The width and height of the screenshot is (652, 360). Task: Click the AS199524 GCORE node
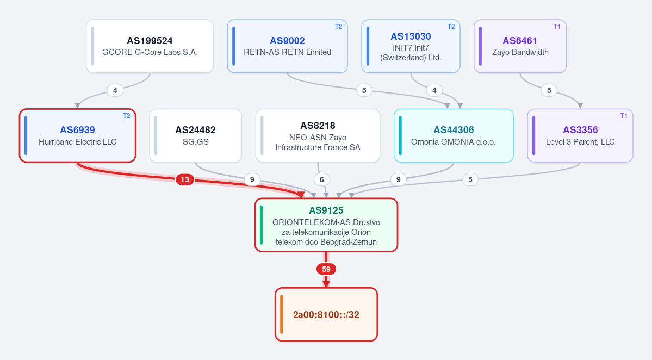coord(150,46)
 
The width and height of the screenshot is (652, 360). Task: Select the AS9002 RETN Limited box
coord(287,46)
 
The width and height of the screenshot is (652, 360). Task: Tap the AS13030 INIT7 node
coord(411,46)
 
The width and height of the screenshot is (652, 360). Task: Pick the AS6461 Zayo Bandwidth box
coord(520,46)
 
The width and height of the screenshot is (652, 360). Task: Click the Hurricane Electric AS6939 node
coord(77,135)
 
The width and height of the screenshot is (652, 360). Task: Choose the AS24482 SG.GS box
coord(195,135)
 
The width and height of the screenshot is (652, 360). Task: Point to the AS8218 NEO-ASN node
coord(318,135)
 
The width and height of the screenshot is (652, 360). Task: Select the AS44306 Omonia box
coord(454,135)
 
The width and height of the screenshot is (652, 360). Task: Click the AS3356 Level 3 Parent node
coord(580,135)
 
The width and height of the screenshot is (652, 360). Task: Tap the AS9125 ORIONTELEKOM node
coord(326,225)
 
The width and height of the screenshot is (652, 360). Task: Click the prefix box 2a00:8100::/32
coord(326,314)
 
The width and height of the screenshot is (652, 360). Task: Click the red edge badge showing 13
coord(185,179)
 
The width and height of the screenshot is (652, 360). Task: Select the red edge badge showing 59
coord(326,269)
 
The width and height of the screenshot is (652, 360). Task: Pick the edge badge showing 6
coord(321,179)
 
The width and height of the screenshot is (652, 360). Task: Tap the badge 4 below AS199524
coord(115,90)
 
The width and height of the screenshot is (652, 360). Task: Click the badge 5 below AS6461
coord(549,90)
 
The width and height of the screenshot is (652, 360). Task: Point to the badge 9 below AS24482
coord(252,179)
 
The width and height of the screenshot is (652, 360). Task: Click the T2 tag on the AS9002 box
coord(338,27)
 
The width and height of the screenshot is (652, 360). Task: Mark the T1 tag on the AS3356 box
coord(624,116)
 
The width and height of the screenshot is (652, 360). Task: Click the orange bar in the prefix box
coord(282,314)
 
